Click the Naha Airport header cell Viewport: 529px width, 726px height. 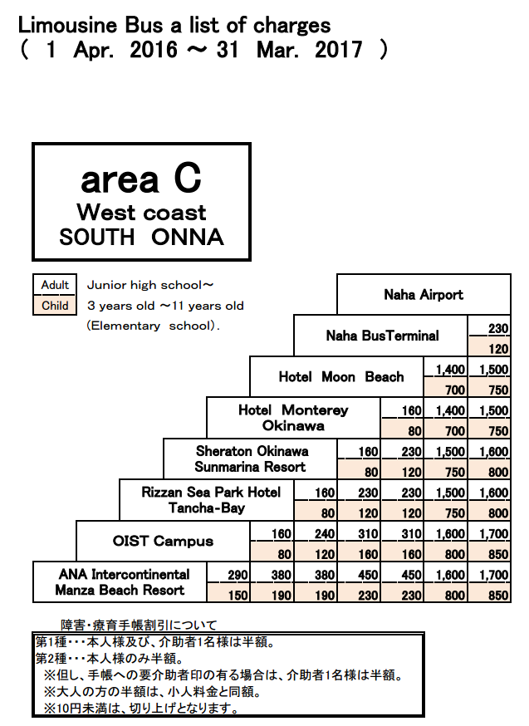(x=424, y=295)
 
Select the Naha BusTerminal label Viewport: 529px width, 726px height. (x=382, y=336)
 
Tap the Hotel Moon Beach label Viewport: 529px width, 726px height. (x=341, y=376)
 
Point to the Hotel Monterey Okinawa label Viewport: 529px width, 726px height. (x=293, y=418)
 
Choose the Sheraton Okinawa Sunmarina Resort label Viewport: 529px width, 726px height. (x=252, y=459)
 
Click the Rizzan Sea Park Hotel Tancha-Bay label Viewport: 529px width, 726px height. (x=211, y=500)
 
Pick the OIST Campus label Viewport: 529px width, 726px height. (x=163, y=541)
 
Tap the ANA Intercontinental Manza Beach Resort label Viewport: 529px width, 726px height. (x=122, y=582)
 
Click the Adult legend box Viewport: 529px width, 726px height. (x=55, y=285)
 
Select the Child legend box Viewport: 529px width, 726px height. (x=55, y=306)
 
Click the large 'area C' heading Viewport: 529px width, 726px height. (x=141, y=179)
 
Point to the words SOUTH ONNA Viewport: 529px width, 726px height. (x=141, y=237)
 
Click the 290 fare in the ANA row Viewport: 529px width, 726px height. (x=238, y=575)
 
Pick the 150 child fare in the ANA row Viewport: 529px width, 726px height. (x=238, y=595)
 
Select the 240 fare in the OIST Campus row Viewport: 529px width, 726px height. (x=325, y=533)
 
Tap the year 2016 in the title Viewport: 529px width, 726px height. (x=153, y=49)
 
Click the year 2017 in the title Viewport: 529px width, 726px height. (x=338, y=49)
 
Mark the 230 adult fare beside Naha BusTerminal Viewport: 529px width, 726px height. (x=498, y=328)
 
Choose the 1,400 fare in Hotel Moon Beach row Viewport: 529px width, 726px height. (x=450, y=369)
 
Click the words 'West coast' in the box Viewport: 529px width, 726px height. (x=141, y=213)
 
